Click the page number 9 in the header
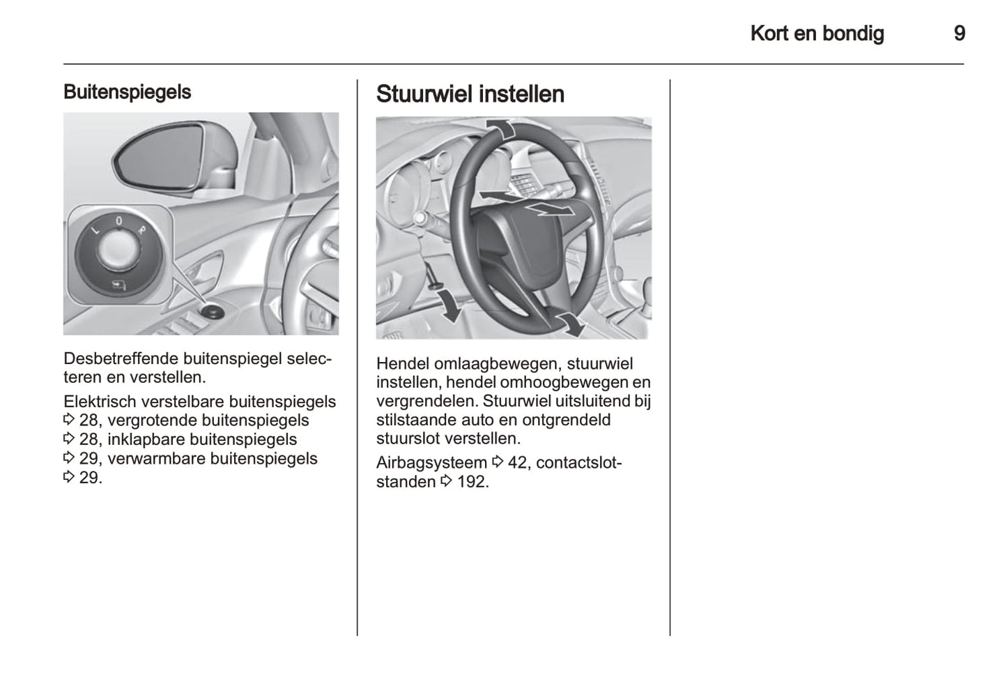(959, 33)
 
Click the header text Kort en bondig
(817, 33)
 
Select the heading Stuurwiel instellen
(470, 94)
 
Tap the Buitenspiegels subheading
(127, 92)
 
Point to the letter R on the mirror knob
(141, 229)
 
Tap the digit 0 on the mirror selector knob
(118, 220)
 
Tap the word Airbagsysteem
(431, 462)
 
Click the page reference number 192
(472, 481)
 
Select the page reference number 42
(517, 462)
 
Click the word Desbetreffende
(121, 358)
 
